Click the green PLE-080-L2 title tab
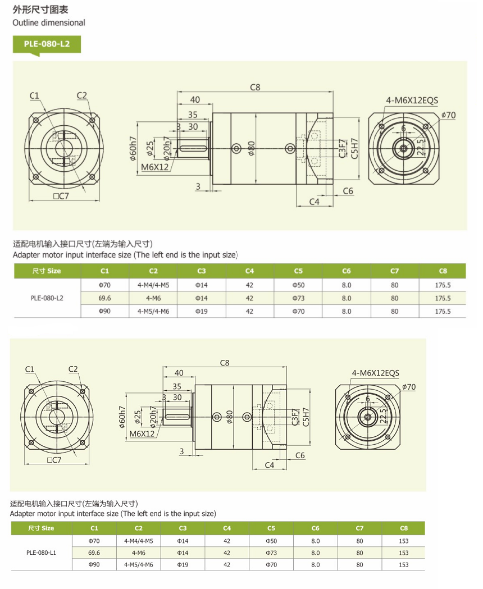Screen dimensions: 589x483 tap(47, 44)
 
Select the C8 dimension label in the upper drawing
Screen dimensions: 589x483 tap(255, 87)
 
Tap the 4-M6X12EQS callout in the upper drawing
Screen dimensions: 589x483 tap(412, 101)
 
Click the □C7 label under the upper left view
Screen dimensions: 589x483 tap(61, 196)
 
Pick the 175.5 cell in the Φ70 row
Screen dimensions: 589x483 tap(443, 285)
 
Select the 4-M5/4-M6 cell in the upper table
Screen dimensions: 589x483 tap(153, 311)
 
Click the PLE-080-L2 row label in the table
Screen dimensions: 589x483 tap(47, 298)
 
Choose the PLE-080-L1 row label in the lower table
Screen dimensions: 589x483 tap(41, 552)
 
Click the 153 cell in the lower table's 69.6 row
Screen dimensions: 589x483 tap(403, 553)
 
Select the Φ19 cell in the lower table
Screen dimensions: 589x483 tap(183, 565)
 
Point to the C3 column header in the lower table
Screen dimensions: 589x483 tap(183, 528)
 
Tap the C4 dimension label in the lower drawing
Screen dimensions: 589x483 tap(269, 465)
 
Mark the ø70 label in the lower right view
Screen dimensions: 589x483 tap(409, 387)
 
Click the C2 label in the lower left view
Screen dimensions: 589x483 tap(74, 369)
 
